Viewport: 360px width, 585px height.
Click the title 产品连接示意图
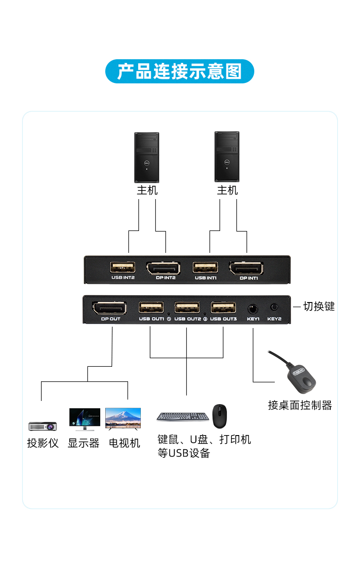pyautogui.click(x=180, y=72)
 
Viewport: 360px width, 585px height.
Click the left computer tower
pyautogui.click(x=147, y=157)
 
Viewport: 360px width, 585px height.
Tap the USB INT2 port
pyautogui.click(x=123, y=267)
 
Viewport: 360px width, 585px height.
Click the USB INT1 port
pyautogui.click(x=205, y=267)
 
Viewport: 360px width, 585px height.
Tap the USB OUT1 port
pyautogui.click(x=151, y=308)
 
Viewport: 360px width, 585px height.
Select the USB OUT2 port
pyautogui.click(x=187, y=308)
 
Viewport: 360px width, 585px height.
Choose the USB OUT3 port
pyautogui.click(x=223, y=308)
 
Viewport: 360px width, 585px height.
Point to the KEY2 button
pyautogui.click(x=274, y=308)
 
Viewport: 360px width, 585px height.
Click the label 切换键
pyautogui.click(x=319, y=307)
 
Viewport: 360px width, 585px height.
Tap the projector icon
pyautogui.click(x=42, y=426)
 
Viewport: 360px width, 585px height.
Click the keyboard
pyautogui.click(x=183, y=416)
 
